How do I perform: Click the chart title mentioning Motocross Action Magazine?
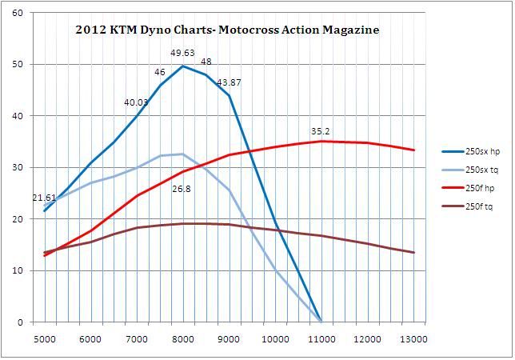click(227, 30)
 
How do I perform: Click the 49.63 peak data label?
click(183, 53)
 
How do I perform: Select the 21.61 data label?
click(44, 198)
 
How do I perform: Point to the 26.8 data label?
click(182, 190)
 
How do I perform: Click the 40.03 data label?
click(137, 102)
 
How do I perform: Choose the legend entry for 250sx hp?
click(476, 150)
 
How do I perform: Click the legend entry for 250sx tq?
click(476, 169)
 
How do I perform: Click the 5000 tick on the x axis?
click(45, 339)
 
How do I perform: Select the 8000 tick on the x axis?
click(183, 339)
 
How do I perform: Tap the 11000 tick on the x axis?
click(321, 339)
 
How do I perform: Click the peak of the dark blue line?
click(183, 66)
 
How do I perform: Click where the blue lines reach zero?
click(321, 322)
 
